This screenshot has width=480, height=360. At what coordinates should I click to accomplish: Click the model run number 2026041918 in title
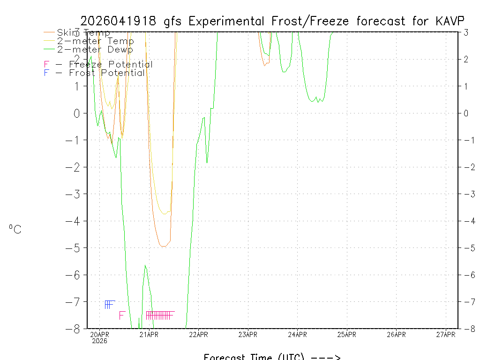[x=120, y=21]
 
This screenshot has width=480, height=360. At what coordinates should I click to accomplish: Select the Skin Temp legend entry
[x=83, y=33]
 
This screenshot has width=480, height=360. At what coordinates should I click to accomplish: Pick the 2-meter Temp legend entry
[x=95, y=41]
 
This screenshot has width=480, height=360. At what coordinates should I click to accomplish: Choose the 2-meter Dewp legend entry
[x=95, y=50]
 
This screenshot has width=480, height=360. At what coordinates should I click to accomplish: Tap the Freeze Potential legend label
[x=111, y=65]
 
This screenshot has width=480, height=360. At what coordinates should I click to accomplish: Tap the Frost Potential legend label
[x=106, y=73]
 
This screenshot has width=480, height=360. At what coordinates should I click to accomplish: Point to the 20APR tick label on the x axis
[x=99, y=334]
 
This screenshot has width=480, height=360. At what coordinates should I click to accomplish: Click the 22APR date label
[x=198, y=334]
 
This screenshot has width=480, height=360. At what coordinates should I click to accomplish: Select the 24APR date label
[x=297, y=334]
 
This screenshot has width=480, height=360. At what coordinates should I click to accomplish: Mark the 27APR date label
[x=446, y=334]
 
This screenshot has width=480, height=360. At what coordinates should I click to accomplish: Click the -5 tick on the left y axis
[x=76, y=248]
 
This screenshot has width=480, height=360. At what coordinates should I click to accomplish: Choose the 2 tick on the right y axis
[x=466, y=59]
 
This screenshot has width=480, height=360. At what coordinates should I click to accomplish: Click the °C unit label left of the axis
[x=15, y=229]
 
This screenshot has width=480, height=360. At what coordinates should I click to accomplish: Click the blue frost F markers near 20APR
[x=109, y=304]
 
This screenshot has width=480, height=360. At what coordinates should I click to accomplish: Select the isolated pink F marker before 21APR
[x=122, y=315]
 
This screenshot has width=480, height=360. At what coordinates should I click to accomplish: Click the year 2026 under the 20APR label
[x=99, y=341]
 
